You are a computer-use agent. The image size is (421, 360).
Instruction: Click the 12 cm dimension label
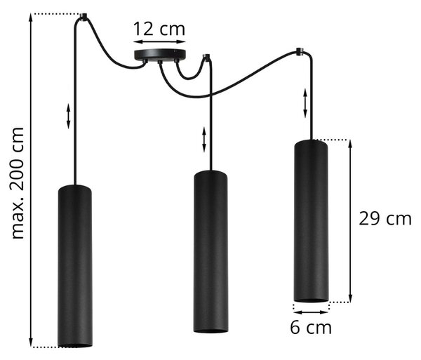click(x=159, y=29)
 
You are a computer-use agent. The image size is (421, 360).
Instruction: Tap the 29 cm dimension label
click(x=385, y=218)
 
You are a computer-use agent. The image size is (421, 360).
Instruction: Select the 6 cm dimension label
click(x=311, y=327)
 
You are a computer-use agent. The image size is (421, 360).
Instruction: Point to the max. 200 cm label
click(x=18, y=183)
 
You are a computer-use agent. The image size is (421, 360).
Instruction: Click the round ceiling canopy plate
click(x=160, y=55)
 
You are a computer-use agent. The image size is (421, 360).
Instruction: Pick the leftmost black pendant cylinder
click(x=75, y=266)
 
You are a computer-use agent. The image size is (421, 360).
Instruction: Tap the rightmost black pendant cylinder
click(x=311, y=220)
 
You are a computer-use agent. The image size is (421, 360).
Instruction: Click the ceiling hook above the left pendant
click(x=83, y=17)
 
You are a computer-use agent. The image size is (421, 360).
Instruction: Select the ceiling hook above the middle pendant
click(x=206, y=57)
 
